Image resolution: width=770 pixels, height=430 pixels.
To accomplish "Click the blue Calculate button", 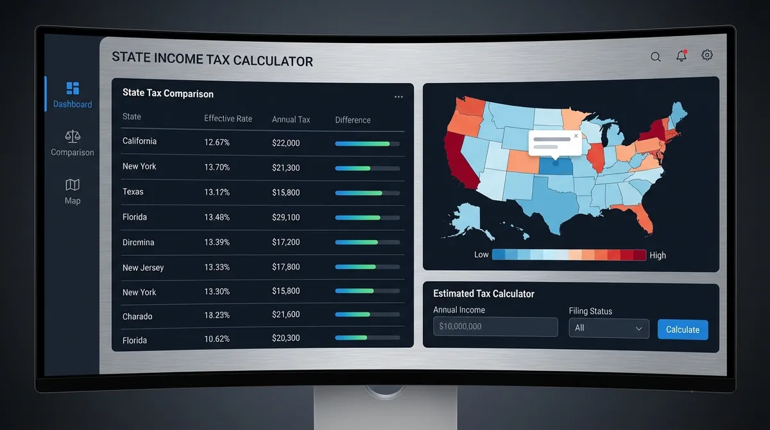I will [683, 329].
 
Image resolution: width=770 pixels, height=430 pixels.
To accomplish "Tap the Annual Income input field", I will [495, 327].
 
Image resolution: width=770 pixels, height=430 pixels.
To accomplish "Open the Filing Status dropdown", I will [608, 328].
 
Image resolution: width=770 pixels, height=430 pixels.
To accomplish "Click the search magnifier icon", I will [655, 56].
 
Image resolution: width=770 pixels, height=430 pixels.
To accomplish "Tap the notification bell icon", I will [681, 56].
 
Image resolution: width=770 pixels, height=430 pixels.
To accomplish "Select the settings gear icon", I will [707, 55].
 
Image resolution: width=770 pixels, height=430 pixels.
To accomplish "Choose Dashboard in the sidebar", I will [73, 94].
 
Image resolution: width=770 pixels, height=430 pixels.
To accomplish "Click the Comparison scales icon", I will [73, 136].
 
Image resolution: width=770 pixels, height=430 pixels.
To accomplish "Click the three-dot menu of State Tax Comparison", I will [398, 97].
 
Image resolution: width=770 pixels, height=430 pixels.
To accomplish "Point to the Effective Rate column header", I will [228, 119].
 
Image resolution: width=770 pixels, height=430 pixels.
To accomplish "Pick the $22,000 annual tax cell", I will [286, 142].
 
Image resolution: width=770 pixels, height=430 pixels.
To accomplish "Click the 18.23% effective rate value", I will [217, 316].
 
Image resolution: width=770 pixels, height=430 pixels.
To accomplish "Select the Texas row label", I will [133, 192].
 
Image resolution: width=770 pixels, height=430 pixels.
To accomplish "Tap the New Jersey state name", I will [143, 268].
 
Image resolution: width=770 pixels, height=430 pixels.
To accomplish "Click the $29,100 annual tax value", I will [286, 218].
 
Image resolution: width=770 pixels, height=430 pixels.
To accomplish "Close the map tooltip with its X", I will [576, 136].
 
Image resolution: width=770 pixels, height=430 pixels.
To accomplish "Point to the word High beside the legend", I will [658, 255].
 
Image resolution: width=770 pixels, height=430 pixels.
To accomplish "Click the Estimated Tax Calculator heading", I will [484, 293].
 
